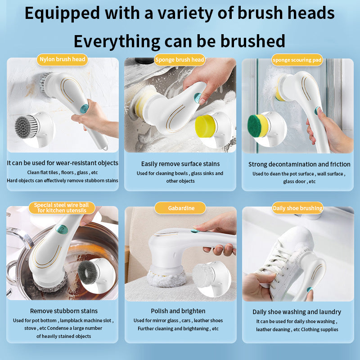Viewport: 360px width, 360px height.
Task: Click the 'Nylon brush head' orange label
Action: [62, 59]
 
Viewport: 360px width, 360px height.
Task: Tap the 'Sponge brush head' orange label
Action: [180, 59]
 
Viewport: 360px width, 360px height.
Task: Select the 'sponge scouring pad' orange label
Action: [297, 59]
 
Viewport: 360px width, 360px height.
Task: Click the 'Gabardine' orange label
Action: [180, 208]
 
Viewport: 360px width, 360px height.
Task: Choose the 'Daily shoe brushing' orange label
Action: [297, 208]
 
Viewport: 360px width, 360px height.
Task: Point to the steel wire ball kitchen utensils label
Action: [62, 207]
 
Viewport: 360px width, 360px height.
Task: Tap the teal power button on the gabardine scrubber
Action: [194, 231]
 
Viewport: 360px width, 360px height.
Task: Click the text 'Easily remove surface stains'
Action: [180, 164]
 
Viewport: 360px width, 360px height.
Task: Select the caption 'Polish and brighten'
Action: [178, 311]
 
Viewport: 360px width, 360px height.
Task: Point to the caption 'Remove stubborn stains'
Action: [63, 311]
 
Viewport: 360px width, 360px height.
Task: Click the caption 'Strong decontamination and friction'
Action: [299, 164]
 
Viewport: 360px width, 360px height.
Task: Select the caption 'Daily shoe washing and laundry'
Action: [297, 312]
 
